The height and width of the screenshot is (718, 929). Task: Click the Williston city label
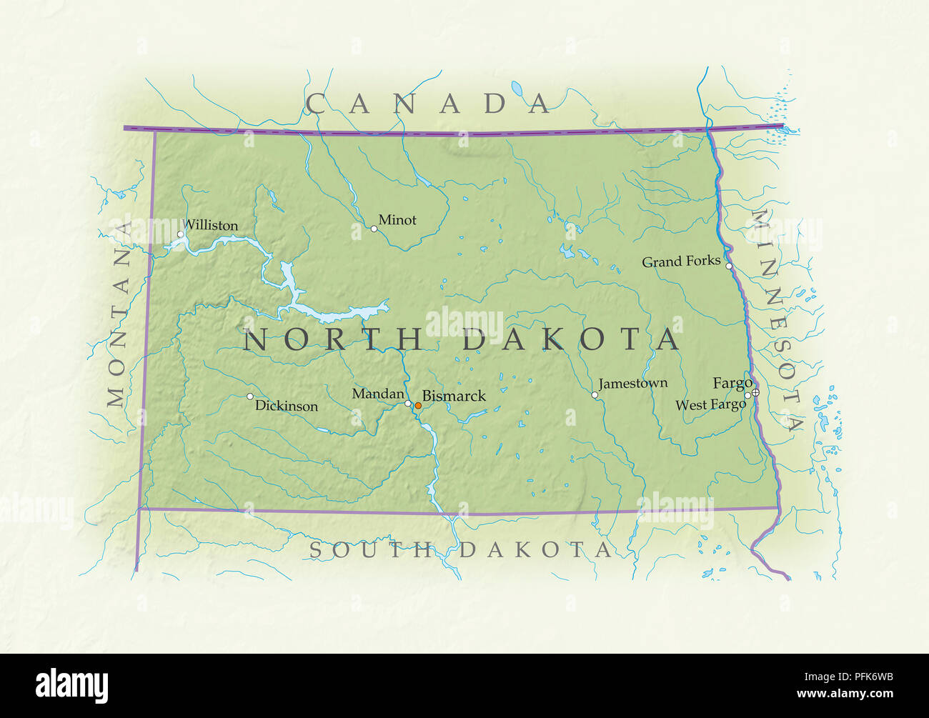click(x=211, y=225)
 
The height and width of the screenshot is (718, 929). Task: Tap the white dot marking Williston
click(x=181, y=234)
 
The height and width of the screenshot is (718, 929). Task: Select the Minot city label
click(x=397, y=220)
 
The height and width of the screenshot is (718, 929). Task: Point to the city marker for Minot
click(x=374, y=229)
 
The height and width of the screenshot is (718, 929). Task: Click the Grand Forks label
click(x=681, y=261)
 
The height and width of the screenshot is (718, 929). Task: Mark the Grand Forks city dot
click(x=729, y=266)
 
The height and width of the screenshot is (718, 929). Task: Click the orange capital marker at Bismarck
click(x=418, y=405)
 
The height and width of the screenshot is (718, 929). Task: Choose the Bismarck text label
click(x=454, y=396)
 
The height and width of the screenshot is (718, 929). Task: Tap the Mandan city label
click(x=378, y=394)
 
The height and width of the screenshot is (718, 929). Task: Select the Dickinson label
click(x=287, y=406)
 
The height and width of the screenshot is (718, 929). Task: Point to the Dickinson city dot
click(x=250, y=396)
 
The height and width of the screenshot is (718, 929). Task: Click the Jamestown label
click(x=633, y=384)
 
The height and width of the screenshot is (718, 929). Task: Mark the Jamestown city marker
click(x=595, y=394)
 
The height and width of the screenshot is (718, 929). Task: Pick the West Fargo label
click(x=710, y=405)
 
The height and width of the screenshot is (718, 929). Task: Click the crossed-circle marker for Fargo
click(x=755, y=392)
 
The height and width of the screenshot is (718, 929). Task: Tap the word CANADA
click(x=429, y=104)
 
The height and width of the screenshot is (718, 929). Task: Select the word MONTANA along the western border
click(x=119, y=314)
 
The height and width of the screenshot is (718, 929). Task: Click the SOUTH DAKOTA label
click(x=461, y=549)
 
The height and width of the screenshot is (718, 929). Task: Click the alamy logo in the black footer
click(x=72, y=685)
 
